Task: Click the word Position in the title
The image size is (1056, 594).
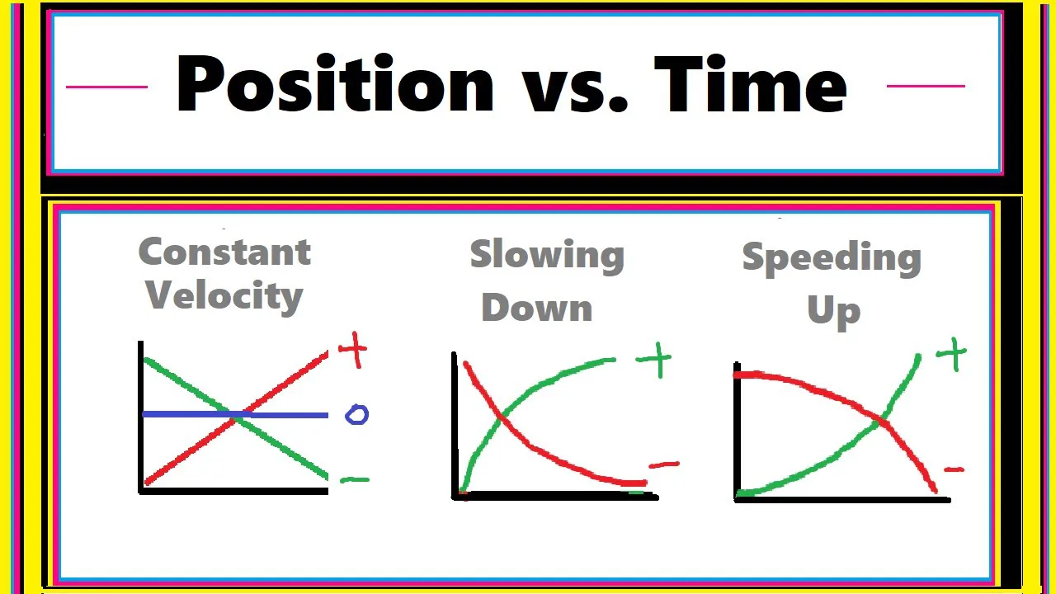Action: coord(334,85)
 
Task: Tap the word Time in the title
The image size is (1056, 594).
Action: coord(750,85)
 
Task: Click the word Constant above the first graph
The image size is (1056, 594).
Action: coord(224,252)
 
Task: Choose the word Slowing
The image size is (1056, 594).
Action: coord(547,255)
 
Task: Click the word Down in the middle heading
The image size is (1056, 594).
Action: coord(537,308)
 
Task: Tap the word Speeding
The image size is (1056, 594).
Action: coord(832,259)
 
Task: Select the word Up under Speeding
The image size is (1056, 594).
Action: coord(833,311)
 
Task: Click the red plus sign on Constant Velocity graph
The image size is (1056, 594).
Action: coord(352,351)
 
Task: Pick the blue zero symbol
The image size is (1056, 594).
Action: coord(356,414)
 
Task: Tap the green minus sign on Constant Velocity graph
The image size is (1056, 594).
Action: coord(355,479)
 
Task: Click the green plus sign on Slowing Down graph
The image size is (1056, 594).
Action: coord(654,361)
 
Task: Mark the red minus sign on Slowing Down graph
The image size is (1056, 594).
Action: coord(664,465)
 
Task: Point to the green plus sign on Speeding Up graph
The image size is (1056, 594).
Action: coord(951,354)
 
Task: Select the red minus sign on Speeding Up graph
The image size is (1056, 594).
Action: coord(954,470)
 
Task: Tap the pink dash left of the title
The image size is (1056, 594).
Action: coord(106,86)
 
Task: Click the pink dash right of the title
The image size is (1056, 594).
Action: coord(925,85)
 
